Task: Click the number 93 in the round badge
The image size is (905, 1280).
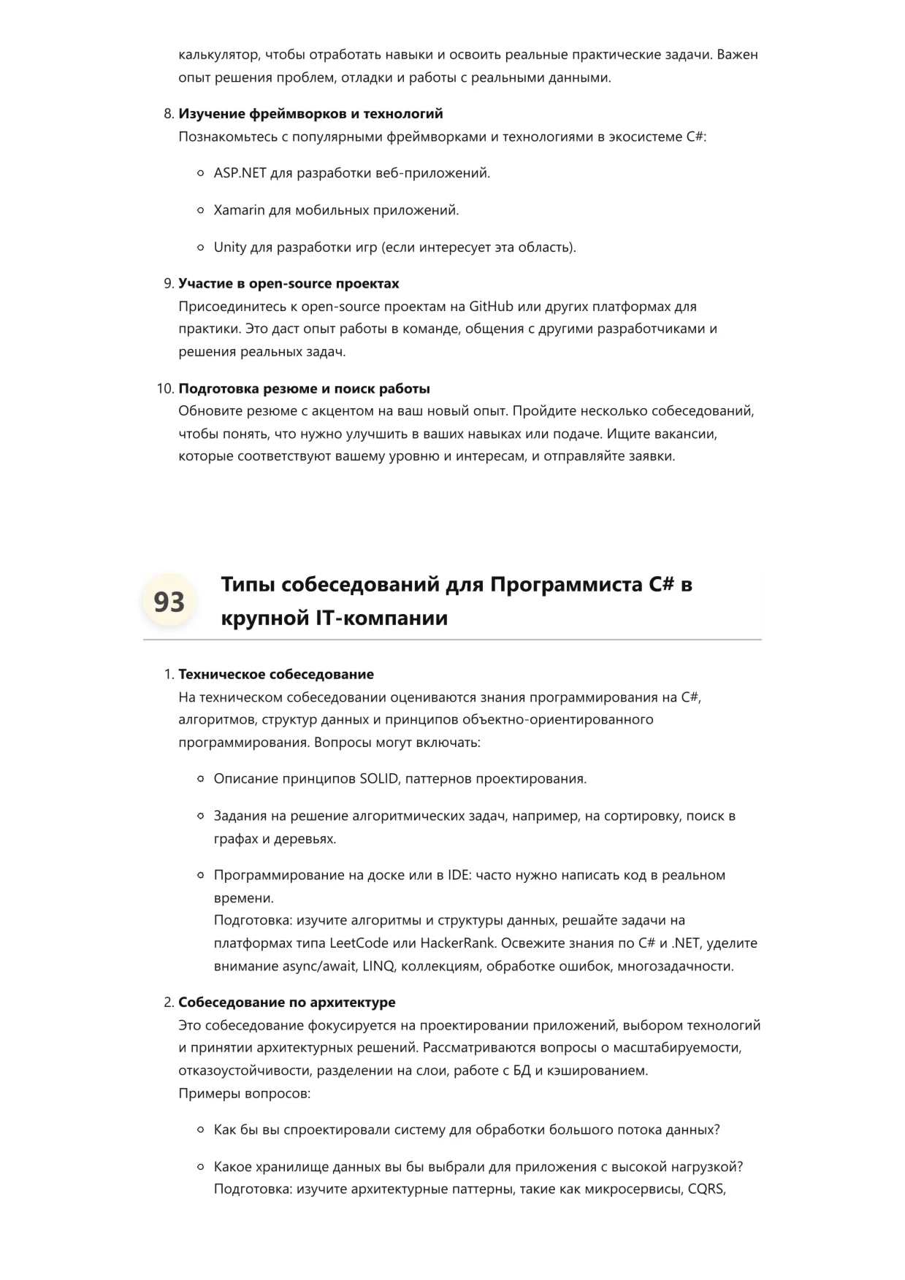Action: point(169,602)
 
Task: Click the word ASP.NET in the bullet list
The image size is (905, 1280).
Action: point(240,173)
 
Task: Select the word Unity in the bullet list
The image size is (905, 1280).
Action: point(229,247)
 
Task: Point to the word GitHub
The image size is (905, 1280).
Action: point(492,306)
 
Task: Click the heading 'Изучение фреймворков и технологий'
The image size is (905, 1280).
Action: point(310,114)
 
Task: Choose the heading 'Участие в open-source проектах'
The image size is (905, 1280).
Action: point(289,283)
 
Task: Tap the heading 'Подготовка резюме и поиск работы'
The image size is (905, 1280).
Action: point(304,388)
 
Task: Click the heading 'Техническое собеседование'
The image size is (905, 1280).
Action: point(275,674)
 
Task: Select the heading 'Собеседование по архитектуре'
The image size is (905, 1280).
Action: point(286,1002)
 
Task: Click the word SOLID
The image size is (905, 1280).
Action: point(378,778)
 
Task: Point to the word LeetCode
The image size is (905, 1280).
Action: point(359,943)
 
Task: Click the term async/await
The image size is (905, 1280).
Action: point(320,966)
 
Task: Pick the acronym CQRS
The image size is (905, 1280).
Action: point(706,1189)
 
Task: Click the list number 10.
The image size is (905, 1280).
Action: point(164,388)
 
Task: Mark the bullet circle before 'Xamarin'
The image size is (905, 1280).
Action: point(201,210)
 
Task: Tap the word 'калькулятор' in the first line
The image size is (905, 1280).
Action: point(218,55)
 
